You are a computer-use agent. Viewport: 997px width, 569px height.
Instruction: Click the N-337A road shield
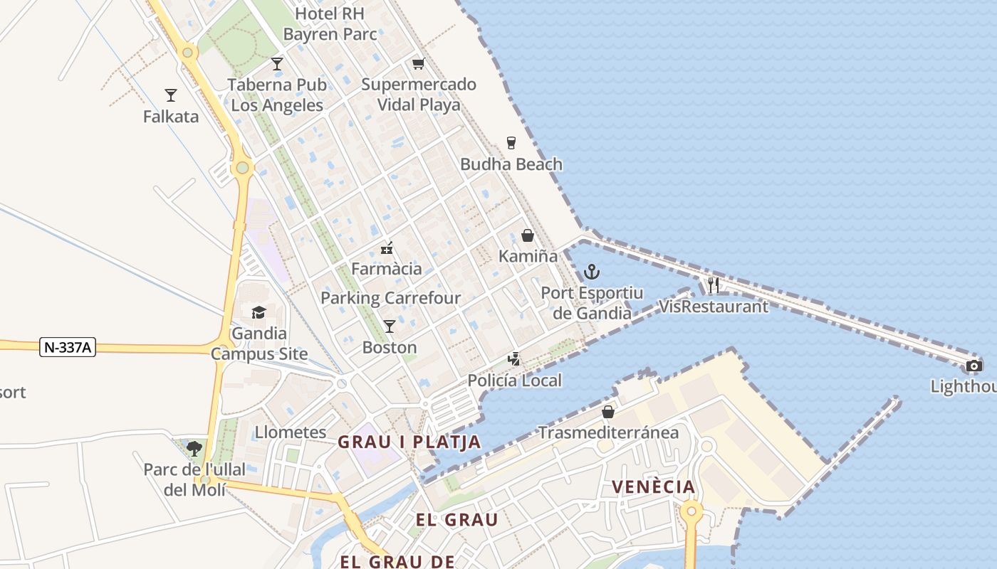pos(68,347)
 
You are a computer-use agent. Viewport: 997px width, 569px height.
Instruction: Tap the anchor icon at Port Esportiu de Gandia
pos(591,272)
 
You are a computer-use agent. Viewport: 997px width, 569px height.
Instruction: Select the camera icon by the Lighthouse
pos(974,366)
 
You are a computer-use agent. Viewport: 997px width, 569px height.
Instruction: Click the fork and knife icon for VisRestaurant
pos(714,285)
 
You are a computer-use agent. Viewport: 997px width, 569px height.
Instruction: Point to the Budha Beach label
pos(511,164)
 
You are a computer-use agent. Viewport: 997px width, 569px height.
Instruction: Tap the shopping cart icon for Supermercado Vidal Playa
pos(419,63)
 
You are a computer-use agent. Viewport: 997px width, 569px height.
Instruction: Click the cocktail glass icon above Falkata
pos(171,95)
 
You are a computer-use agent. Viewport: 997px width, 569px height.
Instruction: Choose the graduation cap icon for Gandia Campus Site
pos(259,312)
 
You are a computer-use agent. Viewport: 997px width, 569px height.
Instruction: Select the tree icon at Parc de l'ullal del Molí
pos(194,448)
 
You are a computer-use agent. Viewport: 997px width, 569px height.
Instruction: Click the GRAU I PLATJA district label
pos(409,442)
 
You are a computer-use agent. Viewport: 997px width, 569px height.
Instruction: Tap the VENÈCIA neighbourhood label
pos(654,487)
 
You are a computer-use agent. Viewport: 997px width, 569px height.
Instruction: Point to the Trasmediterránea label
pos(608,432)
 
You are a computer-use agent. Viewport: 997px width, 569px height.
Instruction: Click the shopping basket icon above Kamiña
pos(528,235)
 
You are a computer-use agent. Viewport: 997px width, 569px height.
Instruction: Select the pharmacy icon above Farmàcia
pos(387,248)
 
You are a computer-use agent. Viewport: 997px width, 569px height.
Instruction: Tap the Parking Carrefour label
pos(391,298)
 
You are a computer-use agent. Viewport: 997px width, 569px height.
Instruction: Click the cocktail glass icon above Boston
pos(390,326)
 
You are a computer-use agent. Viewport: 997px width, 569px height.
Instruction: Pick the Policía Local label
pos(515,381)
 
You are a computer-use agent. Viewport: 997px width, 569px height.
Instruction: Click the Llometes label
pos(291,432)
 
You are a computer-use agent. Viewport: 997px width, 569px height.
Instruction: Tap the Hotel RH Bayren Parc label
pos(330,23)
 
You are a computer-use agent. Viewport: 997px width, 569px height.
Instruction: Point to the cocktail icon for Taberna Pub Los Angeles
pos(277,64)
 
